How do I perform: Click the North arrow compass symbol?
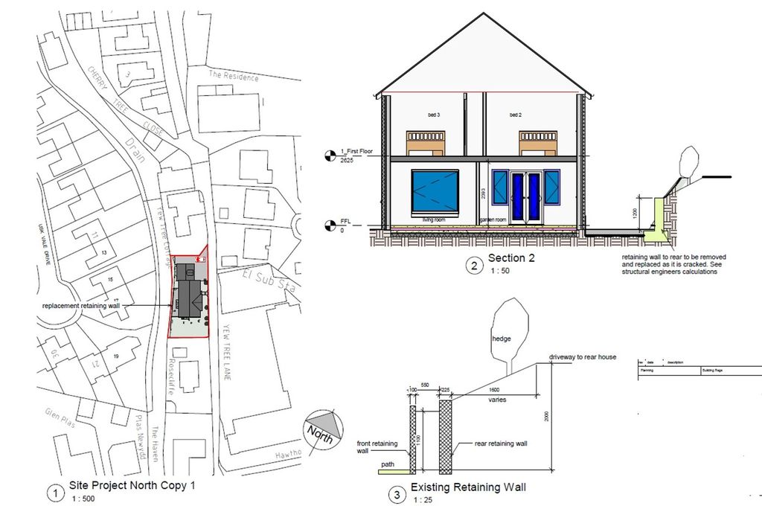click(324, 430)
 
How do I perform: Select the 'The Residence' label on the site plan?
click(234, 77)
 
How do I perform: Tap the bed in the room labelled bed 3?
click(426, 144)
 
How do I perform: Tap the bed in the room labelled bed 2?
click(538, 144)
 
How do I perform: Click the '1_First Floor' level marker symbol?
click(330, 155)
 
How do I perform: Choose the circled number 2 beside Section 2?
click(473, 264)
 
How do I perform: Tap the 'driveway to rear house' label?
click(583, 357)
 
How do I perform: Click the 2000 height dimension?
click(545, 417)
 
